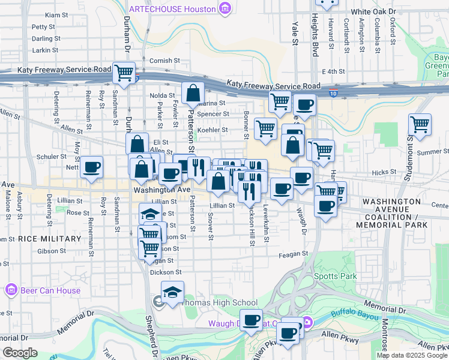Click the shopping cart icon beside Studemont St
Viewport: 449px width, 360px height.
[420, 125]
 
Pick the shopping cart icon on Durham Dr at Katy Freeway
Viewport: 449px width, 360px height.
[124, 73]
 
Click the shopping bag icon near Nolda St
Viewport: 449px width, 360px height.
[193, 92]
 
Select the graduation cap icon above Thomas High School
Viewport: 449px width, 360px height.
[172, 292]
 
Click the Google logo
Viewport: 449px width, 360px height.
[20, 353]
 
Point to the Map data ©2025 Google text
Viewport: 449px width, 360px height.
[411, 355]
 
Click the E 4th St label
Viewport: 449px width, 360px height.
[333, 71]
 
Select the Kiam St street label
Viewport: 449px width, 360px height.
[56, 14]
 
